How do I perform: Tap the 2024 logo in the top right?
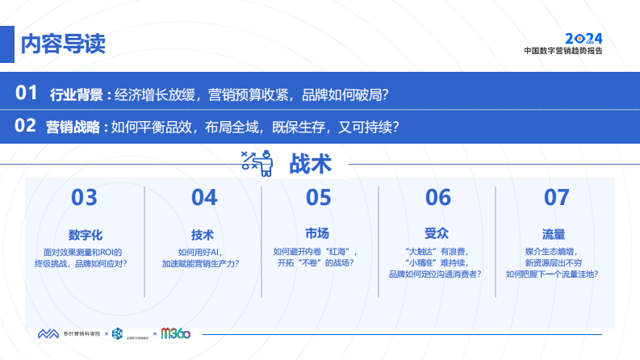point(583,38)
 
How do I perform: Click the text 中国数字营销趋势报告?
point(563,50)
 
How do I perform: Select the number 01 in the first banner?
point(27,93)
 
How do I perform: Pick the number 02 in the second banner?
point(27,126)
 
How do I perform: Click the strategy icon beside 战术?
point(257,163)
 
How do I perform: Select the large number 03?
point(84,198)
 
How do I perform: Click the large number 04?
point(204,198)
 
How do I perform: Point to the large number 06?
point(437,198)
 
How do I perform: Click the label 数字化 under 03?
point(85,234)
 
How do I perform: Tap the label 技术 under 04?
point(203,234)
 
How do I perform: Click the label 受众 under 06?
point(436,234)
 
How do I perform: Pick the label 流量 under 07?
point(554,234)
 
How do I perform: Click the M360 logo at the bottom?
point(176,334)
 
